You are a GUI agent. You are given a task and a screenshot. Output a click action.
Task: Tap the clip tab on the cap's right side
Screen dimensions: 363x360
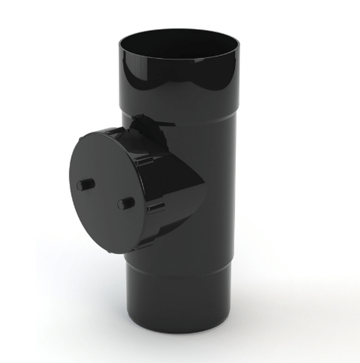tap(156, 207)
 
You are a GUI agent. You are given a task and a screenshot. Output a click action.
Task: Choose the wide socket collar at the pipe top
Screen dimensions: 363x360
tap(178, 82)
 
